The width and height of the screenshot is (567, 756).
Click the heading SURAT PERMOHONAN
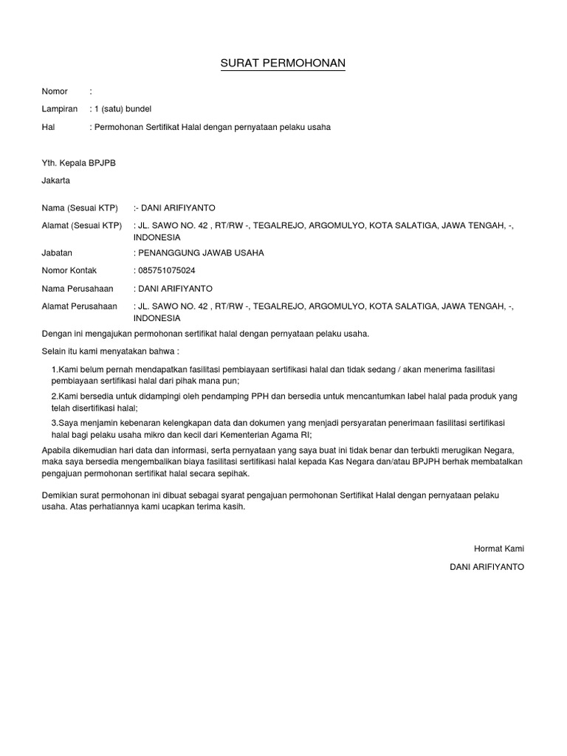pos(283,64)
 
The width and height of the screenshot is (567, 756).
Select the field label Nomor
pos(55,92)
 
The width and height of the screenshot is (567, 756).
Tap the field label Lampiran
pos(59,109)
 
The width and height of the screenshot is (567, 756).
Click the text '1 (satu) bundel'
pos(122,109)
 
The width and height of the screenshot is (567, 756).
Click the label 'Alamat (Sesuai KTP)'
pos(81,226)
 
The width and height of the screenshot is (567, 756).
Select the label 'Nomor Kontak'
pos(69,271)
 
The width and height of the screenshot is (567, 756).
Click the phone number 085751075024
pos(166,271)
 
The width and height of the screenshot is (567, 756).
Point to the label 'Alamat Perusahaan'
pos(79,306)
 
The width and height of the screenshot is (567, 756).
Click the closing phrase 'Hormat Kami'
pos(498,549)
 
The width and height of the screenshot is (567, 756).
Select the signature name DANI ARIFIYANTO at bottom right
pos(487,566)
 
